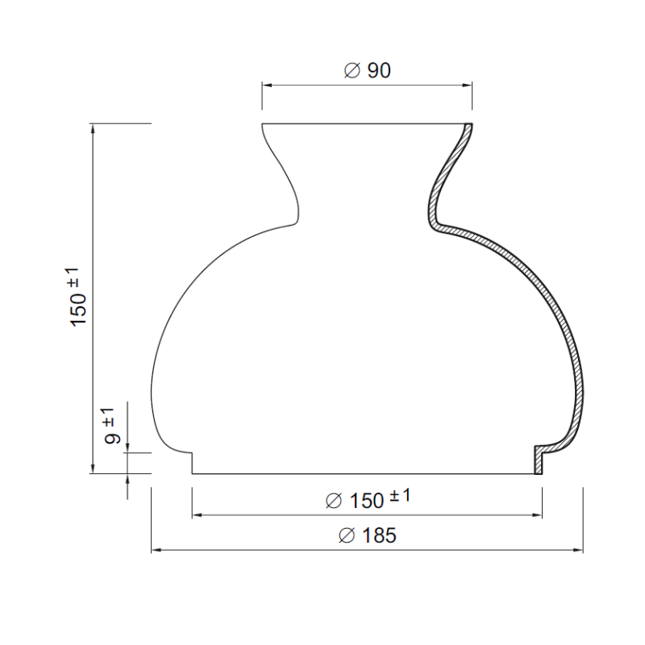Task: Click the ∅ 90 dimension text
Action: click(x=367, y=71)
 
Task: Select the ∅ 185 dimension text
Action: click(x=367, y=535)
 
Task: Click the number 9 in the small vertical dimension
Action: click(x=113, y=439)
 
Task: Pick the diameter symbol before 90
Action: click(x=351, y=71)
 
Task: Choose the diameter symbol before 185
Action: click(x=346, y=535)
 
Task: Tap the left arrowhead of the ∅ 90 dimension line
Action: click(x=267, y=84)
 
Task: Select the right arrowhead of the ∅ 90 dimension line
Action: click(x=468, y=84)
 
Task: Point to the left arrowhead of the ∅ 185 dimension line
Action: click(x=156, y=551)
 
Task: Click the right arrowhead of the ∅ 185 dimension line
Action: click(x=578, y=551)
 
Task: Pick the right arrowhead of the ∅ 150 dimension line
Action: click(x=537, y=514)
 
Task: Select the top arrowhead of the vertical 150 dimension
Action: click(x=94, y=129)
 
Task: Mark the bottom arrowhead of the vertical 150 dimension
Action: click(x=94, y=468)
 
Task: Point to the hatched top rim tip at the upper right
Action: click(x=468, y=128)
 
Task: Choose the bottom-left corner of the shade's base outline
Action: click(x=192, y=474)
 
